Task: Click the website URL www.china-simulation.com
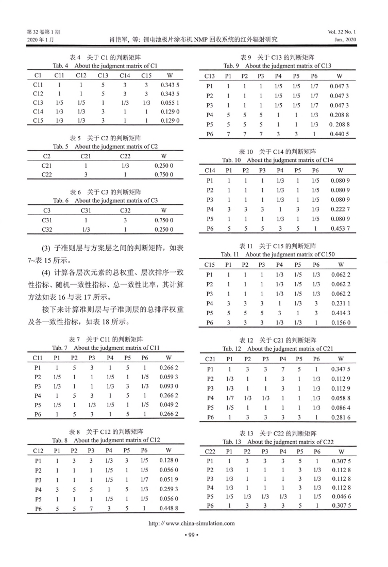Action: [x=194, y=523]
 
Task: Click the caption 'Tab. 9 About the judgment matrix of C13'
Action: [x=277, y=66]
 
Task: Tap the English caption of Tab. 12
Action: [x=277, y=349]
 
